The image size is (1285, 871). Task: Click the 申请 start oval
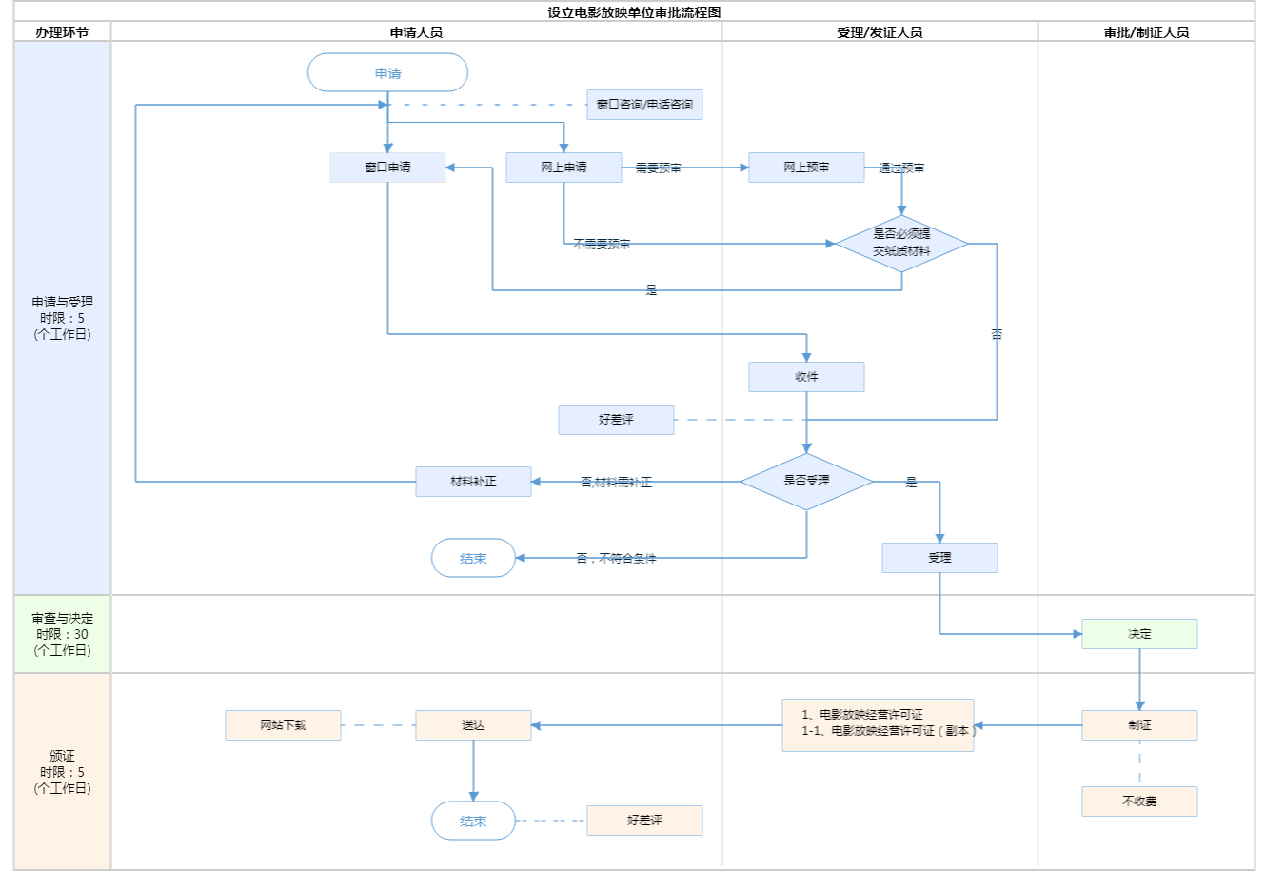(x=387, y=73)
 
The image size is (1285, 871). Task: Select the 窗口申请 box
(x=387, y=168)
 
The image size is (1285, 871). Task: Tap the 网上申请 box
(x=563, y=168)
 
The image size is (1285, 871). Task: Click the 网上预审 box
(x=806, y=168)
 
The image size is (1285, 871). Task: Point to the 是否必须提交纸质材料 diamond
(x=901, y=244)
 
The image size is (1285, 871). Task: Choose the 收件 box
(x=806, y=377)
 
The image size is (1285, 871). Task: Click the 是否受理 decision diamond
(x=806, y=482)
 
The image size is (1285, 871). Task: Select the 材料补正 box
(x=473, y=482)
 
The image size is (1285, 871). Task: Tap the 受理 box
(x=939, y=558)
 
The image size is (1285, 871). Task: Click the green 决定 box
(x=1139, y=634)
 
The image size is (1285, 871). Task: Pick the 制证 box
(x=1139, y=725)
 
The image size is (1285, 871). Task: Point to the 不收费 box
(x=1139, y=802)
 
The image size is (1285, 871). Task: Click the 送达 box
(x=473, y=725)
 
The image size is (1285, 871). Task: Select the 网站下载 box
(x=283, y=725)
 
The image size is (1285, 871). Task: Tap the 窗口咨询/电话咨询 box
(x=644, y=105)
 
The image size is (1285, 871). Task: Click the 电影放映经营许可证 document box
(x=878, y=725)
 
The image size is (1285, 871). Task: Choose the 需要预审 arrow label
(x=659, y=168)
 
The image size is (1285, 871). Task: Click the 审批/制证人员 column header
(x=1146, y=32)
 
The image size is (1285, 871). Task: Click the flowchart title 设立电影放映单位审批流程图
(x=634, y=12)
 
